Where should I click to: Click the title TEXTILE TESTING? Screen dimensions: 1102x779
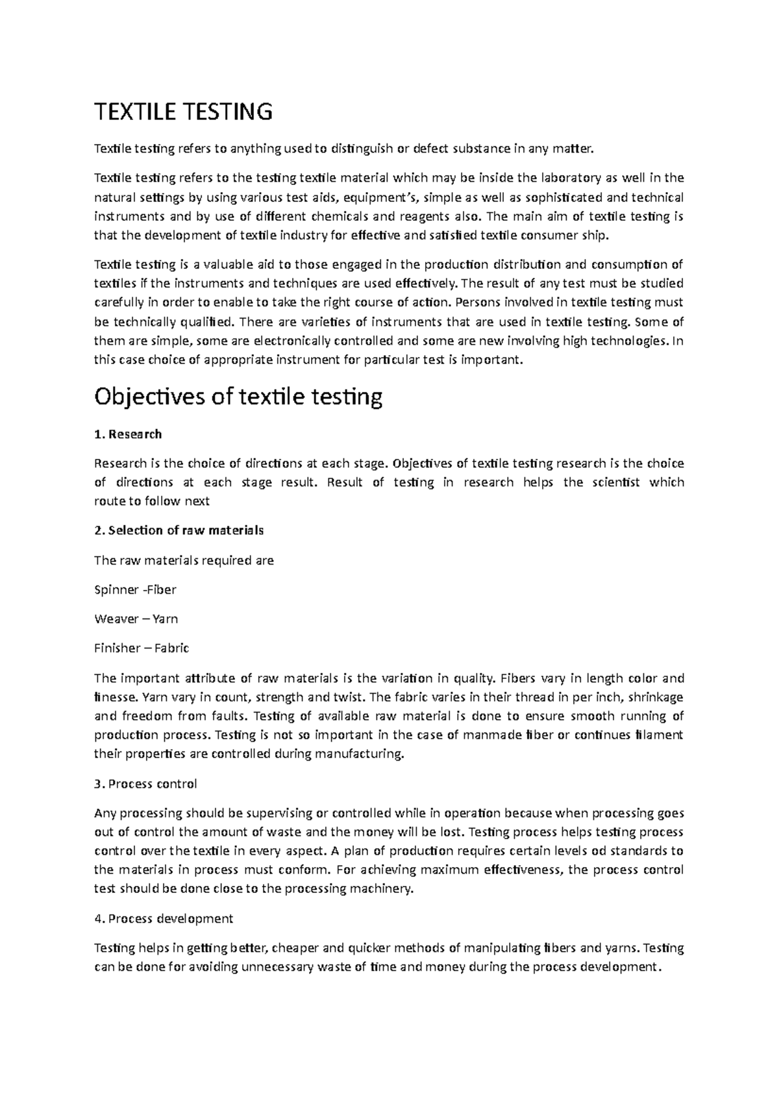pos(183,112)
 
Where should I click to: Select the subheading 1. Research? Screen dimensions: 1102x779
pos(128,434)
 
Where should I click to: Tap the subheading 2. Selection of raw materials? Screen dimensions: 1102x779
pos(179,530)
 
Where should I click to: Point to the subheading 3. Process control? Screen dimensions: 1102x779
pos(145,784)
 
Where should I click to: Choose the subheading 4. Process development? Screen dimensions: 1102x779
pos(163,918)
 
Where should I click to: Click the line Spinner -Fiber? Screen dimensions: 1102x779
pos(135,590)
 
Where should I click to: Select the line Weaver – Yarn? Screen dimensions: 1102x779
pos(136,618)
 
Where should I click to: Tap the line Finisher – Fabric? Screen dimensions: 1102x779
pos(142,648)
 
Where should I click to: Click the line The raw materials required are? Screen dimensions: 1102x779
pos(184,560)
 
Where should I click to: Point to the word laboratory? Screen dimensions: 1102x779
pos(570,178)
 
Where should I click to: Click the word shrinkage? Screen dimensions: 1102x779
pos(656,697)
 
